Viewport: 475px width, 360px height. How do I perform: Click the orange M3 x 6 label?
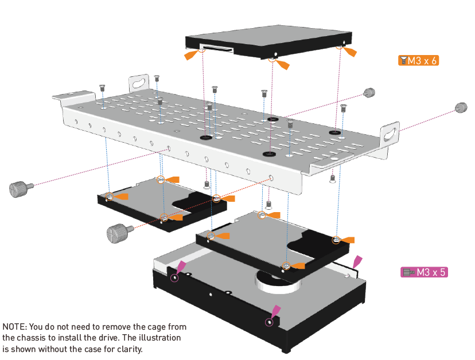tap(419, 60)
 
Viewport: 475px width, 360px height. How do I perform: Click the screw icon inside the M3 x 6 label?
tap(404, 60)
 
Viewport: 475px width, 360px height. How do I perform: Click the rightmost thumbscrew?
tap(461, 107)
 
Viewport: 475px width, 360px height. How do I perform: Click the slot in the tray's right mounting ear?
tap(391, 132)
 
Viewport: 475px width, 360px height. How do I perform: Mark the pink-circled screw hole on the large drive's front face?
tap(269, 322)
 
